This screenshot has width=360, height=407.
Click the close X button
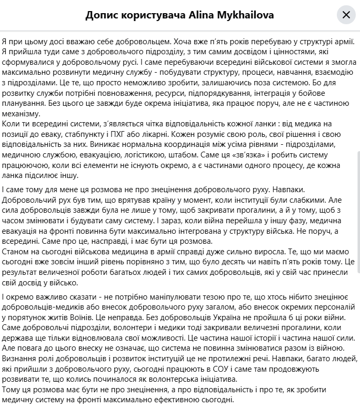coord(346,15)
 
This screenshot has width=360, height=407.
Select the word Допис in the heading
coord(102,15)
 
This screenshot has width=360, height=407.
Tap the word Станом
coord(16,251)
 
